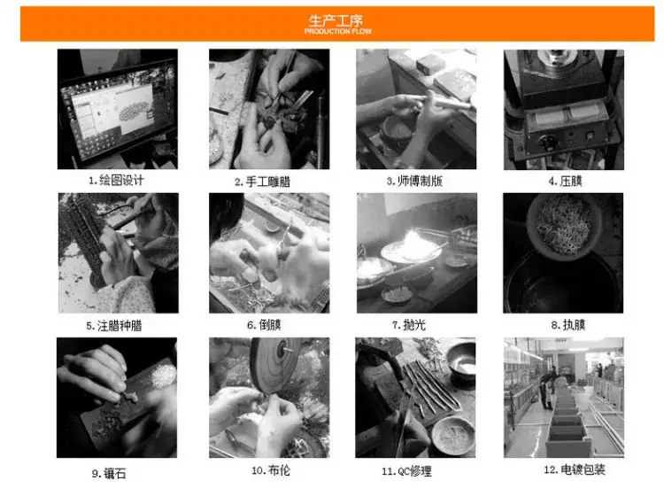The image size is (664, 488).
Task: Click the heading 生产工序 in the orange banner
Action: point(336,20)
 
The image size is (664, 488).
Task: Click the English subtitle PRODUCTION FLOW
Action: point(338,31)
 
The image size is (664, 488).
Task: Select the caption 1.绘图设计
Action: point(116,181)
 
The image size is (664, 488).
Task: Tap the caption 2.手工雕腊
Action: point(263,182)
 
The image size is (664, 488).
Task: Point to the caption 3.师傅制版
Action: point(414,182)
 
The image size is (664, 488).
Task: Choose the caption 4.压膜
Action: point(566,182)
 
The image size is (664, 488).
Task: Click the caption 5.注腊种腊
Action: point(114,326)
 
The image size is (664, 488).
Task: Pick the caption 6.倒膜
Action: point(264,325)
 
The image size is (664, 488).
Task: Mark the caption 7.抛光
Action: point(409,325)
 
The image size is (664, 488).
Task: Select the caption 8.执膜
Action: point(568,325)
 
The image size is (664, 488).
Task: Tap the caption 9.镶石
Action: point(109,474)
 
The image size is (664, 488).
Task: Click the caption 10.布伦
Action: point(271,470)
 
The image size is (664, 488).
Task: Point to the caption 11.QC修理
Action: point(406,471)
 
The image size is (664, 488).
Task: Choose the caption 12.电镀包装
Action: point(575,469)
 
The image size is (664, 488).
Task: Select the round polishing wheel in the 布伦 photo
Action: point(275,365)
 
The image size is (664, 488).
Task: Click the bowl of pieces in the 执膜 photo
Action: point(564,225)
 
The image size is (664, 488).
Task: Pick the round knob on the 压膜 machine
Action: point(549,143)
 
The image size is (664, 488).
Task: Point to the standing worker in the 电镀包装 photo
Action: point(545,389)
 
